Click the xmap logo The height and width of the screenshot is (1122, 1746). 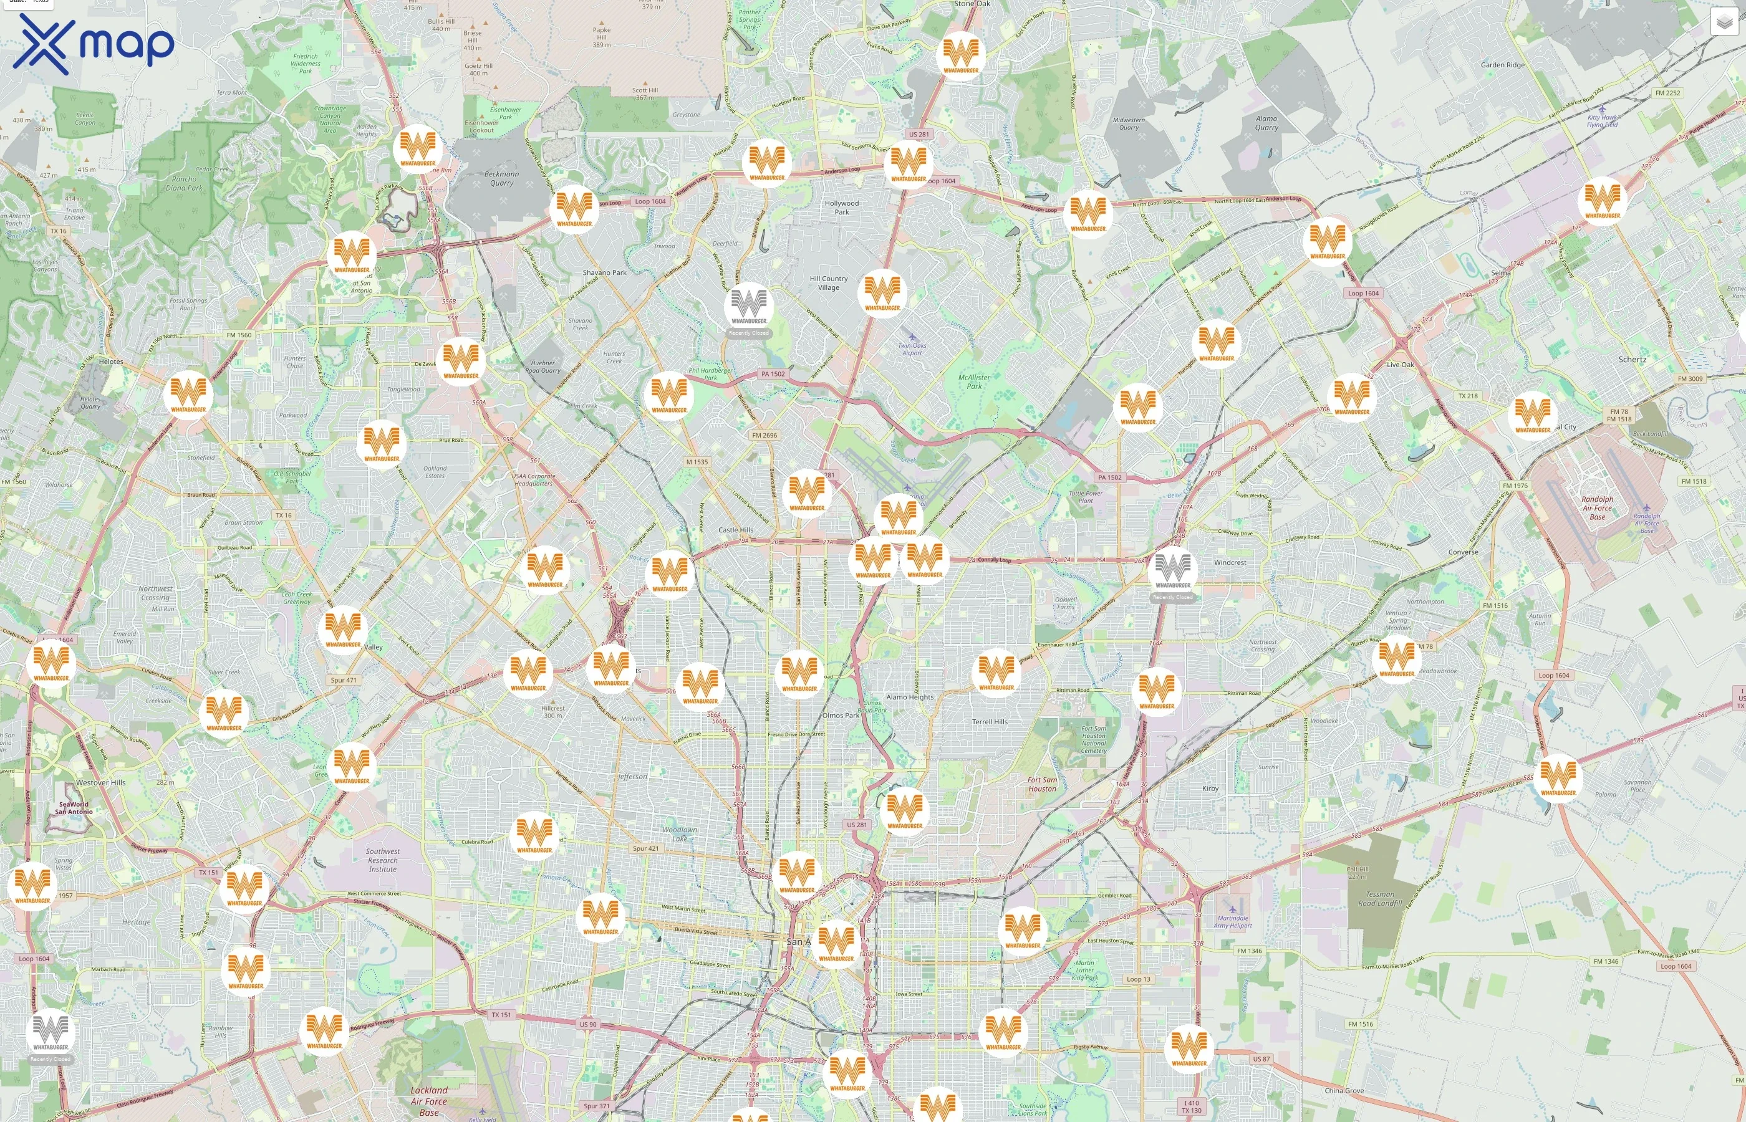coord(94,44)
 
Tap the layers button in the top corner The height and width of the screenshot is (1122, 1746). coord(1724,22)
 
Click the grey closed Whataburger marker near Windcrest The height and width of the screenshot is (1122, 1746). coord(1172,571)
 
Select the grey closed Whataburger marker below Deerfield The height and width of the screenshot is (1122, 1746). coord(748,307)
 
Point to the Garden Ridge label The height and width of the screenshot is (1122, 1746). coord(1502,65)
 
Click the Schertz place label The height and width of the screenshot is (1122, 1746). coord(1632,359)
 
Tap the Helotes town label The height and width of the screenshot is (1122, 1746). coord(111,362)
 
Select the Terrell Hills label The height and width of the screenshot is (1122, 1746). coord(989,722)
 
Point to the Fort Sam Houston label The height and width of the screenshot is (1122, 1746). coord(1041,784)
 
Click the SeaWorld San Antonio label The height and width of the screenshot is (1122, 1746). coord(74,808)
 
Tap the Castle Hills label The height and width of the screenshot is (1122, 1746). coord(735,530)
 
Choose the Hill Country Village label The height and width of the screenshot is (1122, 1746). coord(829,283)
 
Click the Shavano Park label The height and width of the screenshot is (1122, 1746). coord(604,272)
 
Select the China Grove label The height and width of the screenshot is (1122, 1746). coord(1344,1091)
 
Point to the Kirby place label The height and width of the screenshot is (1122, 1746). coord(1210,789)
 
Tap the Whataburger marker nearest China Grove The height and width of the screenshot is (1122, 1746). coord(1189,1048)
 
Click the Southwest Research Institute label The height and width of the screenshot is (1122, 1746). coord(383,860)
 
